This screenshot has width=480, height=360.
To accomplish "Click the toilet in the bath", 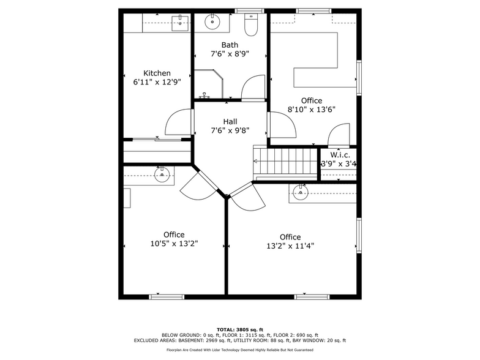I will pos(251,24).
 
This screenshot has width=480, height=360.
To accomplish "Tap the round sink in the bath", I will pos(212,22).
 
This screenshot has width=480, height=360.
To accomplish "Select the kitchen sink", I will pos(180,23).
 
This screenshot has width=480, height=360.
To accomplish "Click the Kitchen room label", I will pos(157,73).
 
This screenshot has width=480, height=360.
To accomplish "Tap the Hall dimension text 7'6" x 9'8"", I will pos(230,130).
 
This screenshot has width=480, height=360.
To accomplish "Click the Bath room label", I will pos(230,45).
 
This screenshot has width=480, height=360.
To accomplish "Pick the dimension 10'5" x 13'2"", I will pos(174,244).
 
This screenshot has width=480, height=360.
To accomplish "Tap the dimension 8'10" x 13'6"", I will pos(311,110).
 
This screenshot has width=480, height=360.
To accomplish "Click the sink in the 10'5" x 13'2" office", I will pos(162,175).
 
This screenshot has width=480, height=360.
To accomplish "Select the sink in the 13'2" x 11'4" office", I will pos(301,190).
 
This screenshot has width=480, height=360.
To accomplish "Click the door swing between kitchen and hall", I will pos(178,122).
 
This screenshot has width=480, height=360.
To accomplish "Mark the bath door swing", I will pos(253,89).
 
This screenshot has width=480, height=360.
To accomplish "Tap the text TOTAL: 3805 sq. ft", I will pos(239,329).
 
